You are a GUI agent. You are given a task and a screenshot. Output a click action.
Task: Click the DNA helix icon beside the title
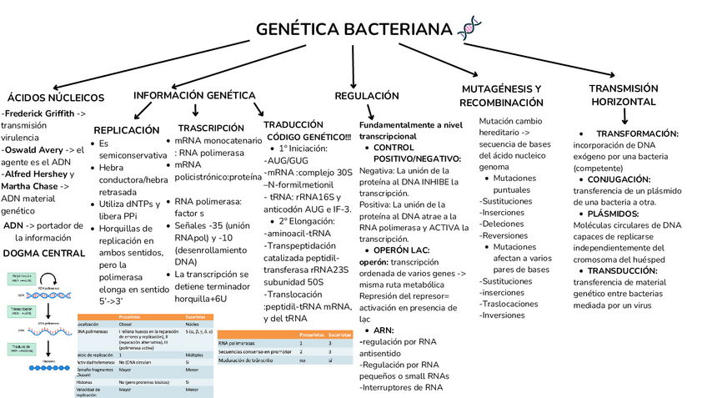(469, 28)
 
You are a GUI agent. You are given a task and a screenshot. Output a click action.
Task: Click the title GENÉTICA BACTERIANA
(353, 30)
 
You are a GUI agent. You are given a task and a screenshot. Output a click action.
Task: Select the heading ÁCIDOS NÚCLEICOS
(56, 97)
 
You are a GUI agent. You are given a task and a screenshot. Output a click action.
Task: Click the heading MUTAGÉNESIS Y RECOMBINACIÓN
(501, 96)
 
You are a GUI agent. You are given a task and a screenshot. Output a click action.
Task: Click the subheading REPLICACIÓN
(127, 130)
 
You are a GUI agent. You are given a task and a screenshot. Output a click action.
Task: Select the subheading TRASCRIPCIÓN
(211, 128)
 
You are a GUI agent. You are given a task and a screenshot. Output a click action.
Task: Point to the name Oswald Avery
(32, 150)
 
